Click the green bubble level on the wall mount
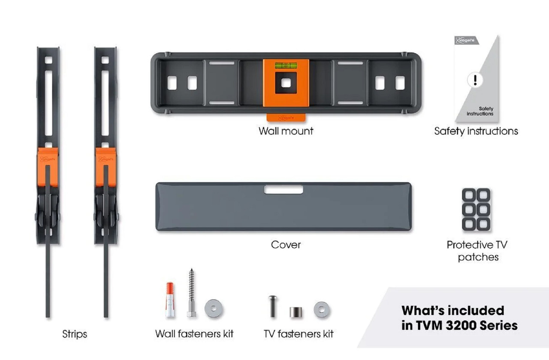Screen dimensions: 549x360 tap(286, 66)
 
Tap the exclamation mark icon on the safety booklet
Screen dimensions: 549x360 tap(475, 80)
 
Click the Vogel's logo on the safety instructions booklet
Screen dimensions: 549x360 tap(466, 40)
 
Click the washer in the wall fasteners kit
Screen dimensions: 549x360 tap(214, 308)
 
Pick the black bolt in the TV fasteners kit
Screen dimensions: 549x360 tap(273, 306)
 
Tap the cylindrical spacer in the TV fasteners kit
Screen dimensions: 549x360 tap(296, 312)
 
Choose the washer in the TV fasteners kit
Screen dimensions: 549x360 tap(322, 309)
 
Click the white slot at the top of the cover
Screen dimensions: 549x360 tap(284, 189)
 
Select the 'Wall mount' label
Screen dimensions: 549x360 tap(286, 131)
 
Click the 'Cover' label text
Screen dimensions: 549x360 tap(286, 245)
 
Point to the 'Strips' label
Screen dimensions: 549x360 tap(75, 334)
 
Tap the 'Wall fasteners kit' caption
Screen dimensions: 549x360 tap(194, 334)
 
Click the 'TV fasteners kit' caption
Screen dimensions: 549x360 tap(299, 334)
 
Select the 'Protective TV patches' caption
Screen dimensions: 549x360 tap(477, 251)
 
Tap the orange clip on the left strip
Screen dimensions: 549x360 tap(48, 167)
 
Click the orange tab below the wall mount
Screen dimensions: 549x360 tap(286, 117)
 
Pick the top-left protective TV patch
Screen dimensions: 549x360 tap(469, 195)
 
